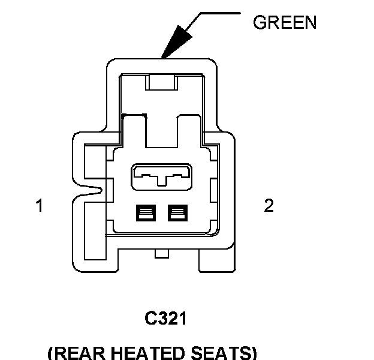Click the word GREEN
click(x=284, y=23)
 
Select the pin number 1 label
click(x=39, y=206)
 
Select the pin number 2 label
click(x=269, y=206)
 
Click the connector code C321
click(x=166, y=318)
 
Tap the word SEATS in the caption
click(x=225, y=352)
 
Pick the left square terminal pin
click(x=146, y=212)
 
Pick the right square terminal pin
click(x=177, y=212)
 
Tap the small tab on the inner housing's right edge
click(x=214, y=191)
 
